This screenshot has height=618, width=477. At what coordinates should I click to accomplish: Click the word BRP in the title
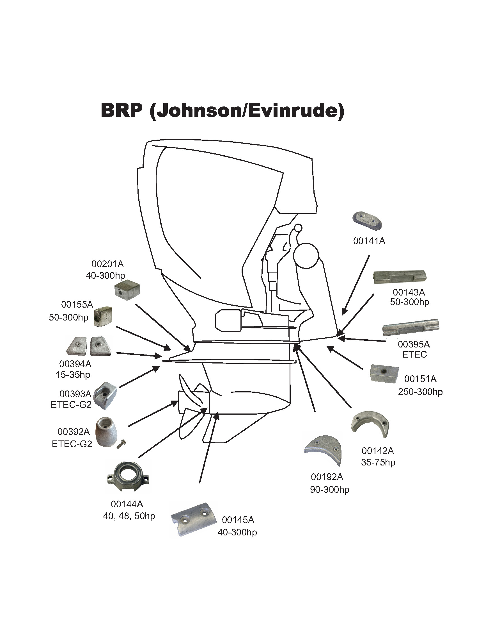(x=121, y=110)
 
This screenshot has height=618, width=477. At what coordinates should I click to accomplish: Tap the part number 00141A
(x=369, y=241)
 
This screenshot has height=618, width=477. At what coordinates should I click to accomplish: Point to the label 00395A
(x=414, y=344)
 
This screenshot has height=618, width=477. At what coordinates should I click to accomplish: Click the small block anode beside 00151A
(x=384, y=374)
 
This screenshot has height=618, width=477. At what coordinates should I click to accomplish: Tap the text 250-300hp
(x=420, y=392)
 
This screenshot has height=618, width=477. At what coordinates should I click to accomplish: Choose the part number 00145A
(x=238, y=520)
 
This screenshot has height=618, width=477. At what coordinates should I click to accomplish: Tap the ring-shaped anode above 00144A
(x=128, y=476)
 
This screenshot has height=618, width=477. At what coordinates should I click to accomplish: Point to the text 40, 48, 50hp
(x=129, y=516)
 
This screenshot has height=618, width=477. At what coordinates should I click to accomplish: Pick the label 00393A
(x=75, y=394)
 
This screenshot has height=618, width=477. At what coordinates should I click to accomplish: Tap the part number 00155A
(x=77, y=305)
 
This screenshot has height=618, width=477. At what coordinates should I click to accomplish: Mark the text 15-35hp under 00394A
(x=73, y=375)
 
